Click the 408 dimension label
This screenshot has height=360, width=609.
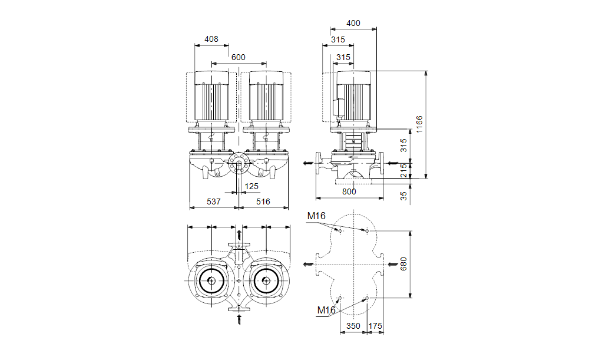(x=211, y=39)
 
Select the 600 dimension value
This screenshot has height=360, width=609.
(x=238, y=57)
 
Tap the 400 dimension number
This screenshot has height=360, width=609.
(x=353, y=24)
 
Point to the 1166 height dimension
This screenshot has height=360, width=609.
(x=419, y=124)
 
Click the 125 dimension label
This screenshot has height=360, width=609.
(x=251, y=186)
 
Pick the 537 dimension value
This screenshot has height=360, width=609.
(x=213, y=202)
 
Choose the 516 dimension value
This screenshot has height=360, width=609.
(x=263, y=202)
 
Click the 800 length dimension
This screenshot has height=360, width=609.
(x=349, y=191)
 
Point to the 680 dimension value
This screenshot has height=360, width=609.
(x=403, y=264)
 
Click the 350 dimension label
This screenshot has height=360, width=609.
(x=353, y=326)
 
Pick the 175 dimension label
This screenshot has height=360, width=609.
(x=375, y=326)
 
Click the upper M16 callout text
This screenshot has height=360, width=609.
(x=316, y=216)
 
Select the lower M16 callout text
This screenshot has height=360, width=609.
(x=326, y=311)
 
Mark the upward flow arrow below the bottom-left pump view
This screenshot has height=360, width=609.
(x=239, y=321)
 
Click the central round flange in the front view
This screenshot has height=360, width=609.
(x=239, y=165)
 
